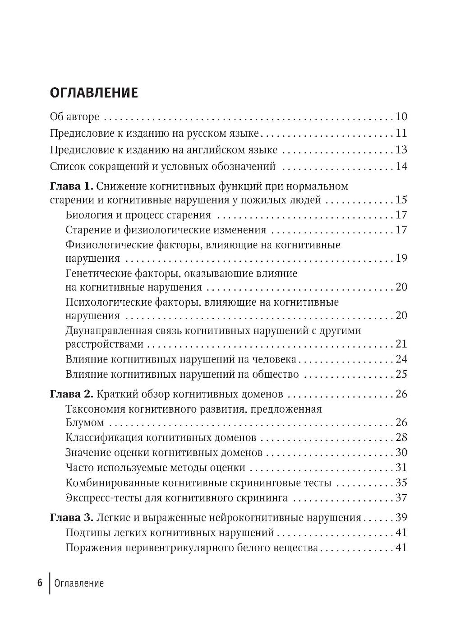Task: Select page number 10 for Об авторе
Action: (x=401, y=116)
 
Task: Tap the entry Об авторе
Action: (x=74, y=116)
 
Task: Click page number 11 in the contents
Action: (x=401, y=133)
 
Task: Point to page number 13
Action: (x=401, y=150)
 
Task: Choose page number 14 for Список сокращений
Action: (x=401, y=167)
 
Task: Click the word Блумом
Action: (x=85, y=423)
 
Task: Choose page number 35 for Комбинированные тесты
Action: (x=401, y=483)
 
